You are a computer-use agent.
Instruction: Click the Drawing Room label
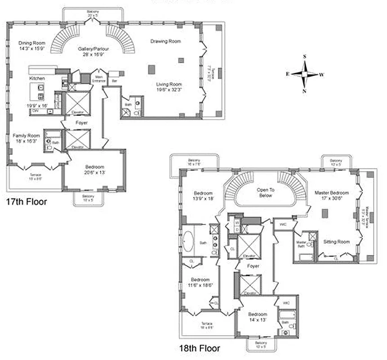[x=165, y=41]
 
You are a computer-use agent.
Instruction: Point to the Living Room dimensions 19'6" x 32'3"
[x=169, y=90]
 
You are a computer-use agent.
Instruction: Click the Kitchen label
[x=37, y=79]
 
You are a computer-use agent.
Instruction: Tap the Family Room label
[x=26, y=135]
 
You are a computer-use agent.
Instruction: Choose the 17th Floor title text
[x=26, y=202]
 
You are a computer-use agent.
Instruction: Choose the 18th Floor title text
[x=199, y=348]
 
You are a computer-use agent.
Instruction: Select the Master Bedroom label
[x=332, y=193]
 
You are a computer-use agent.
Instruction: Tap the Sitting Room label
[x=336, y=242]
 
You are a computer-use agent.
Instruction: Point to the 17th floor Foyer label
[x=81, y=122]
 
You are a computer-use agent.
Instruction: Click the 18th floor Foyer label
[x=254, y=266]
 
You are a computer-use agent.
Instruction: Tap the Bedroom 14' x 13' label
[x=258, y=314]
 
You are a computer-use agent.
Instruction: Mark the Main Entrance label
[x=98, y=79]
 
